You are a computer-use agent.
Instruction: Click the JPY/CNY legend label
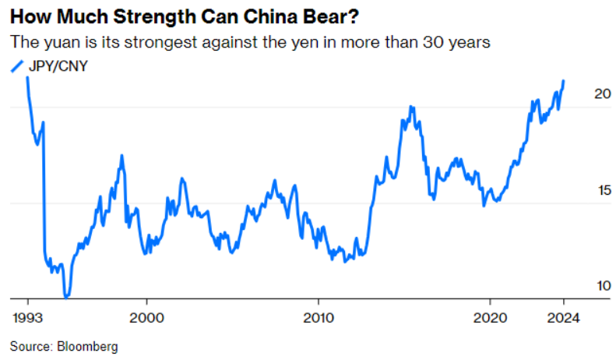(59, 65)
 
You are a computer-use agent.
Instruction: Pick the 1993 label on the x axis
(28, 317)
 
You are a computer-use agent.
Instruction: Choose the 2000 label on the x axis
(146, 317)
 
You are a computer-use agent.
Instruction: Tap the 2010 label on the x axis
(319, 317)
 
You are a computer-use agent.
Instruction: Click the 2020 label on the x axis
(490, 317)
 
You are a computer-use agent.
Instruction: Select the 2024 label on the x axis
(562, 317)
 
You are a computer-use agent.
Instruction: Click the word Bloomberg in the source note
(86, 346)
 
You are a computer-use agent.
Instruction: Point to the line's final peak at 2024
(564, 80)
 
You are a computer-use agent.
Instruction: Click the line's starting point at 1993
(28, 77)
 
